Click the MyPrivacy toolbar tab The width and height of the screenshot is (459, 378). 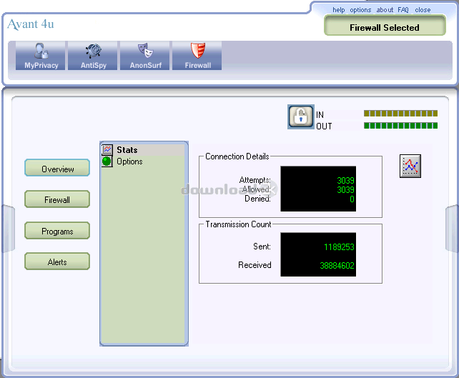pyautogui.click(x=41, y=56)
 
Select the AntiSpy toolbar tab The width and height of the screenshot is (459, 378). pyautogui.click(x=92, y=56)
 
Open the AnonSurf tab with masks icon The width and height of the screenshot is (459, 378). pyautogui.click(x=145, y=56)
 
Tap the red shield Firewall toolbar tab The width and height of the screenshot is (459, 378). pyautogui.click(x=197, y=56)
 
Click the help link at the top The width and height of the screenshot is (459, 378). pyautogui.click(x=338, y=10)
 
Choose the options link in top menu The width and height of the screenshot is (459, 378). pyautogui.click(x=360, y=10)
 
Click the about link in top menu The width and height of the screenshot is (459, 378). pyautogui.click(x=385, y=10)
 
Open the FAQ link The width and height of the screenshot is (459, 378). pyautogui.click(x=403, y=10)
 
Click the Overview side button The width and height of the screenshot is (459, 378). pyautogui.click(x=57, y=168)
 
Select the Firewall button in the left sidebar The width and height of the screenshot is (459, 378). pyautogui.click(x=57, y=199)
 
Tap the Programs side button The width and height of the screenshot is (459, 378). pyautogui.click(x=57, y=231)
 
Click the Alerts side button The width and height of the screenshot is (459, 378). pyautogui.click(x=57, y=262)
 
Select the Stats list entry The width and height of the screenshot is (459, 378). pyautogui.click(x=127, y=150)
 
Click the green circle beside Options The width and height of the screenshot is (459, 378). pyautogui.click(x=107, y=161)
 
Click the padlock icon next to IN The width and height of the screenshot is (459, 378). pyautogui.click(x=301, y=116)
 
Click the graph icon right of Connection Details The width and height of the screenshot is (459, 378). pyautogui.click(x=410, y=166)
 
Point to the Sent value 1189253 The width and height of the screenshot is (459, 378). pyautogui.click(x=339, y=247)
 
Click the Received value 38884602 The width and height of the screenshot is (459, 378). pyautogui.click(x=337, y=266)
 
